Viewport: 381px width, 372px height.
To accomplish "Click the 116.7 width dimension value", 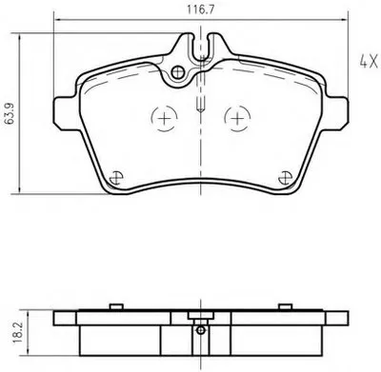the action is pos(201,10).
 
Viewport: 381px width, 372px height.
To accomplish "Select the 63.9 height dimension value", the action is pos(10,113).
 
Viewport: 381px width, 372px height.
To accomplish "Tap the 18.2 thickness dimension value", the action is pos(18,332).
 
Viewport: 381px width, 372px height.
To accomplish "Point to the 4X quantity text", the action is pos(369,61).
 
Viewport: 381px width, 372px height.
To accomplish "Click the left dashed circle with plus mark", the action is pos(164,119).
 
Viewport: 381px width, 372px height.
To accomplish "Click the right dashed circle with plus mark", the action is pos(237,119).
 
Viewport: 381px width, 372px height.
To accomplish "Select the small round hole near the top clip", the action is pos(177,72).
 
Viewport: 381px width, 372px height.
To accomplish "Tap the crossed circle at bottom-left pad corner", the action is pos(116,178).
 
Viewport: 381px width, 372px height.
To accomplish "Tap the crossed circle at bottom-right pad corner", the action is pos(285,178).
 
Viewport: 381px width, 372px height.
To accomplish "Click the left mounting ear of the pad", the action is pos(66,112).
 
